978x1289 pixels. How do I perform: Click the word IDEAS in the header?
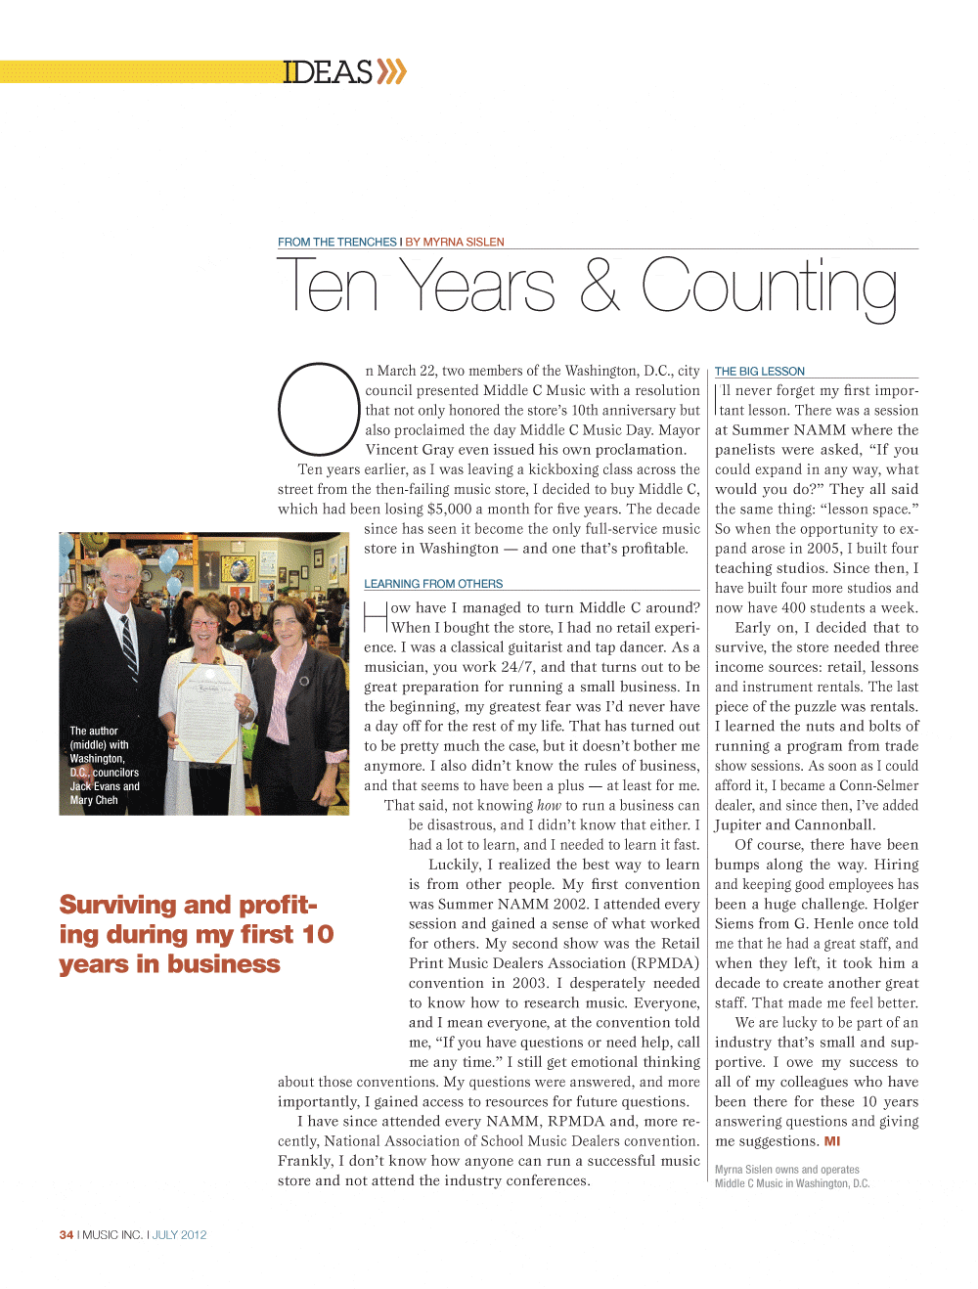pos(328,72)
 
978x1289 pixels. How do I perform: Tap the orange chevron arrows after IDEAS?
pos(391,71)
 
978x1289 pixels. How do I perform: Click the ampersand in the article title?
pos(599,286)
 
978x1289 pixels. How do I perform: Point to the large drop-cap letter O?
pos(319,409)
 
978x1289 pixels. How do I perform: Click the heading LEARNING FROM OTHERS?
pos(433,584)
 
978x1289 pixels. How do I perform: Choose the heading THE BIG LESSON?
pos(760,372)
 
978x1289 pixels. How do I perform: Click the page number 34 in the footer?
pos(67,1235)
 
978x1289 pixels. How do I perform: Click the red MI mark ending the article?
pos(832,1141)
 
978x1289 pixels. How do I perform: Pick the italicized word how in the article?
pos(549,806)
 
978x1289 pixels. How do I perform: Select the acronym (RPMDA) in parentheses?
pos(666,963)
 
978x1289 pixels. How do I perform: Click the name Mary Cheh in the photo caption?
pos(94,800)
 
